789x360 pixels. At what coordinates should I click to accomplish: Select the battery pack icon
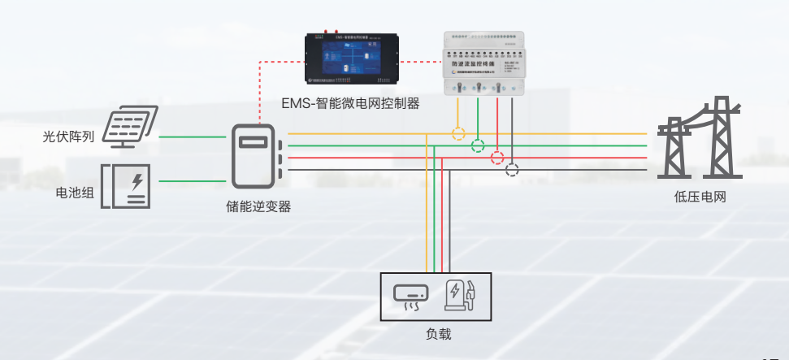click(x=125, y=185)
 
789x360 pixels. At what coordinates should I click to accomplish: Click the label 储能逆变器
click(x=258, y=206)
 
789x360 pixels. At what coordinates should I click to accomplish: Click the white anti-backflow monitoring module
click(x=484, y=63)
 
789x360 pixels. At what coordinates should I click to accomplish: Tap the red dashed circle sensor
click(x=497, y=158)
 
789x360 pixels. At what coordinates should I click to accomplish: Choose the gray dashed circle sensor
click(x=512, y=170)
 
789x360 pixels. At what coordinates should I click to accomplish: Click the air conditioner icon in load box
click(x=411, y=297)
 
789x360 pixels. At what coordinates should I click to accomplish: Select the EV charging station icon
click(x=459, y=295)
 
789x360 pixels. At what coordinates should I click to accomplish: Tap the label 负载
click(x=438, y=333)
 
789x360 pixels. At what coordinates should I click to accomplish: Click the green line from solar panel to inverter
click(x=191, y=137)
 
